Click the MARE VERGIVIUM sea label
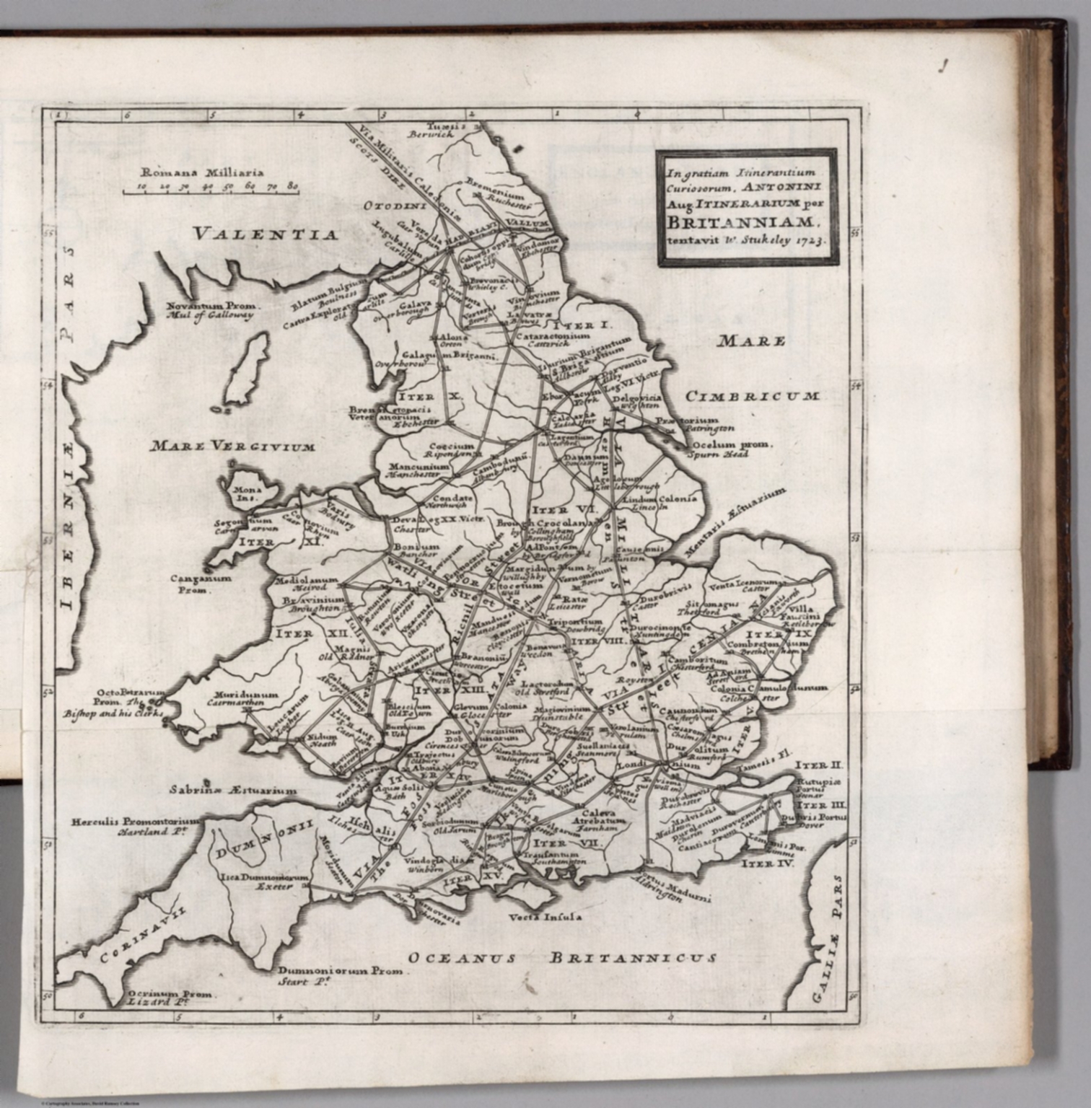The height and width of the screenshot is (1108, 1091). click(x=232, y=447)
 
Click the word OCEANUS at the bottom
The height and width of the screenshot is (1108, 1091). click(x=463, y=959)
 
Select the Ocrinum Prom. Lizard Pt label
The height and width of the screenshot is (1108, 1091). click(x=165, y=998)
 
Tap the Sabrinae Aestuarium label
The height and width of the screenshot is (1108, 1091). click(x=233, y=790)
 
